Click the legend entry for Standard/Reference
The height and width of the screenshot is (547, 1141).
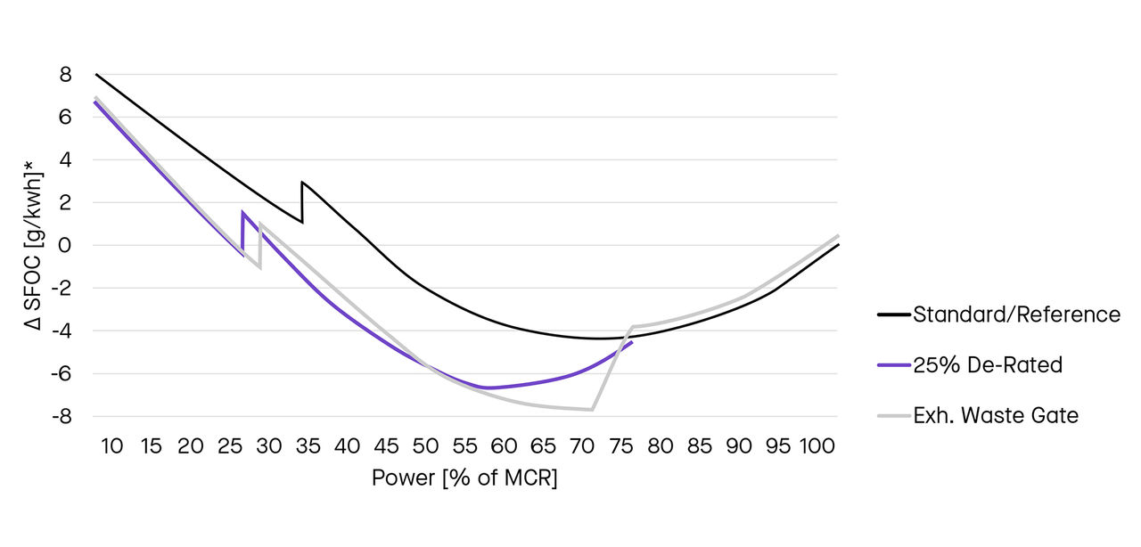1016,314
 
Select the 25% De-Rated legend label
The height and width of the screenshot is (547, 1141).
988,365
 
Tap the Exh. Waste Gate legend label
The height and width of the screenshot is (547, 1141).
996,416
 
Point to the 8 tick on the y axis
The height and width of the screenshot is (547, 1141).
65,75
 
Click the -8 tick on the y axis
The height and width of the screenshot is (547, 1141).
61,416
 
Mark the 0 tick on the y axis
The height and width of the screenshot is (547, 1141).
65,245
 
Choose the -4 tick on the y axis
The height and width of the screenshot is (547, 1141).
61,331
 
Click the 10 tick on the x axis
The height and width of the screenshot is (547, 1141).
112,446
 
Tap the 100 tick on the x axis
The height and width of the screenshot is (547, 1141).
817,446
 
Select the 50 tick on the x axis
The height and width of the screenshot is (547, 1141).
425,446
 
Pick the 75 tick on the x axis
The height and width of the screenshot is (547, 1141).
621,446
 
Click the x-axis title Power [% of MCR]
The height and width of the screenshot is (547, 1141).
464,478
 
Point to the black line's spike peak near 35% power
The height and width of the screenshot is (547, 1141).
303,183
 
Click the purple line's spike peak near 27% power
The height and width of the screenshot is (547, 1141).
242,212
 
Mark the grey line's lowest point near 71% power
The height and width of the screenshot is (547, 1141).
592,410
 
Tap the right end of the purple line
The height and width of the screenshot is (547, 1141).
632,342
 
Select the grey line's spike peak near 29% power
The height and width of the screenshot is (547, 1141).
260,224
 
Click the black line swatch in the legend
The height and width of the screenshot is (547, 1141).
893,314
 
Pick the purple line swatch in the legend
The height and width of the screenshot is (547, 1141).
893,365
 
